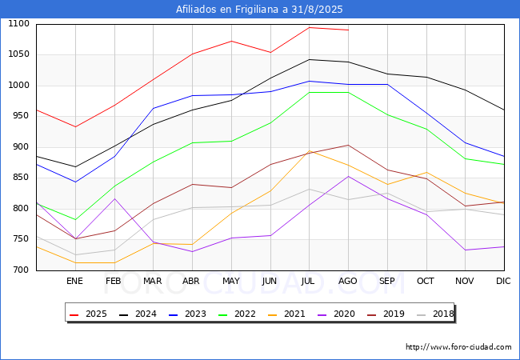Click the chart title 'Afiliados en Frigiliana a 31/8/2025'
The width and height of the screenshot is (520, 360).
259,10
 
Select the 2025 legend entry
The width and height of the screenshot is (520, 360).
88,314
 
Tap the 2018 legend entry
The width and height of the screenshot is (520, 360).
435,314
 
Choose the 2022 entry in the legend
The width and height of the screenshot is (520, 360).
237,314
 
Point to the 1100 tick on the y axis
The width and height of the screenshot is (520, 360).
18,23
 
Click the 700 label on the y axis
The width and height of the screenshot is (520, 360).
22,270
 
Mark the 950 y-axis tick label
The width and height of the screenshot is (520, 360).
22,116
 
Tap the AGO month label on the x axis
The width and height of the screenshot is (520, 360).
347,281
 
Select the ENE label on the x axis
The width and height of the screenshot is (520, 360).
74,281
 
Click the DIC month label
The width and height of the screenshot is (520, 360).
503,281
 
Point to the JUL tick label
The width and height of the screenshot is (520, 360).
308,281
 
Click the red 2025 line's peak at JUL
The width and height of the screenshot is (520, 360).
310,27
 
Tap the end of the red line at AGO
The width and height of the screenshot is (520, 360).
349,30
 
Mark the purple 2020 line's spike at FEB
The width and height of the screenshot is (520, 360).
114,198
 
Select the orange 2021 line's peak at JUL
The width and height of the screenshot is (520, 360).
310,151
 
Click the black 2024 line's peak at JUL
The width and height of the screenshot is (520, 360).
310,59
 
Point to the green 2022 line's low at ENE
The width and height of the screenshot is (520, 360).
76,219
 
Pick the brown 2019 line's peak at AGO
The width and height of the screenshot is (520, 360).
349,145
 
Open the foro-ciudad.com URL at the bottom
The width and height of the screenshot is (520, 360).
458,347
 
